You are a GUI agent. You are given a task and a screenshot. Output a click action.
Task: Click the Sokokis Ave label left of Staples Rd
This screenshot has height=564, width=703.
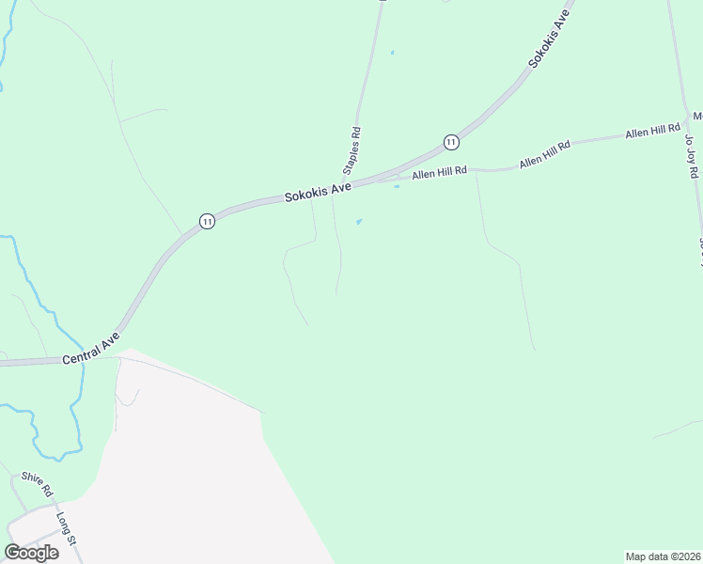(318, 193)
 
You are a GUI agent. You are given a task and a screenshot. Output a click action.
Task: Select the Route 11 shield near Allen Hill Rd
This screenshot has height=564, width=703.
(451, 142)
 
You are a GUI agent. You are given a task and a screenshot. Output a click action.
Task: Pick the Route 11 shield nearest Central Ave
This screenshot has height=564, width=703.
(207, 221)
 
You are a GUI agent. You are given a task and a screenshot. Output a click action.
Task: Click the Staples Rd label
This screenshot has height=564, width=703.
(352, 151)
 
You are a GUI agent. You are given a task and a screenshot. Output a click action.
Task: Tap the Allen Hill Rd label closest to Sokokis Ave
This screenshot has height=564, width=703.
(438, 172)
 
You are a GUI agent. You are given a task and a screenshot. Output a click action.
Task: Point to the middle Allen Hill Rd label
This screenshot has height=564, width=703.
(545, 155)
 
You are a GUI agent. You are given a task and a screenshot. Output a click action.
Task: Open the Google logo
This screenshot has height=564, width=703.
(31, 552)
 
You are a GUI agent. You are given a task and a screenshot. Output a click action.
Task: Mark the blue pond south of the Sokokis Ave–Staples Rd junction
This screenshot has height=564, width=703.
(358, 222)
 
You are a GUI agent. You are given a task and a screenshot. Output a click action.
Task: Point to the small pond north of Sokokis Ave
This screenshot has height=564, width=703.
(392, 52)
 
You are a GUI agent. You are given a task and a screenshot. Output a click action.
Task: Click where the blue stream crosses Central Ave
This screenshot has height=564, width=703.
(83, 361)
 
